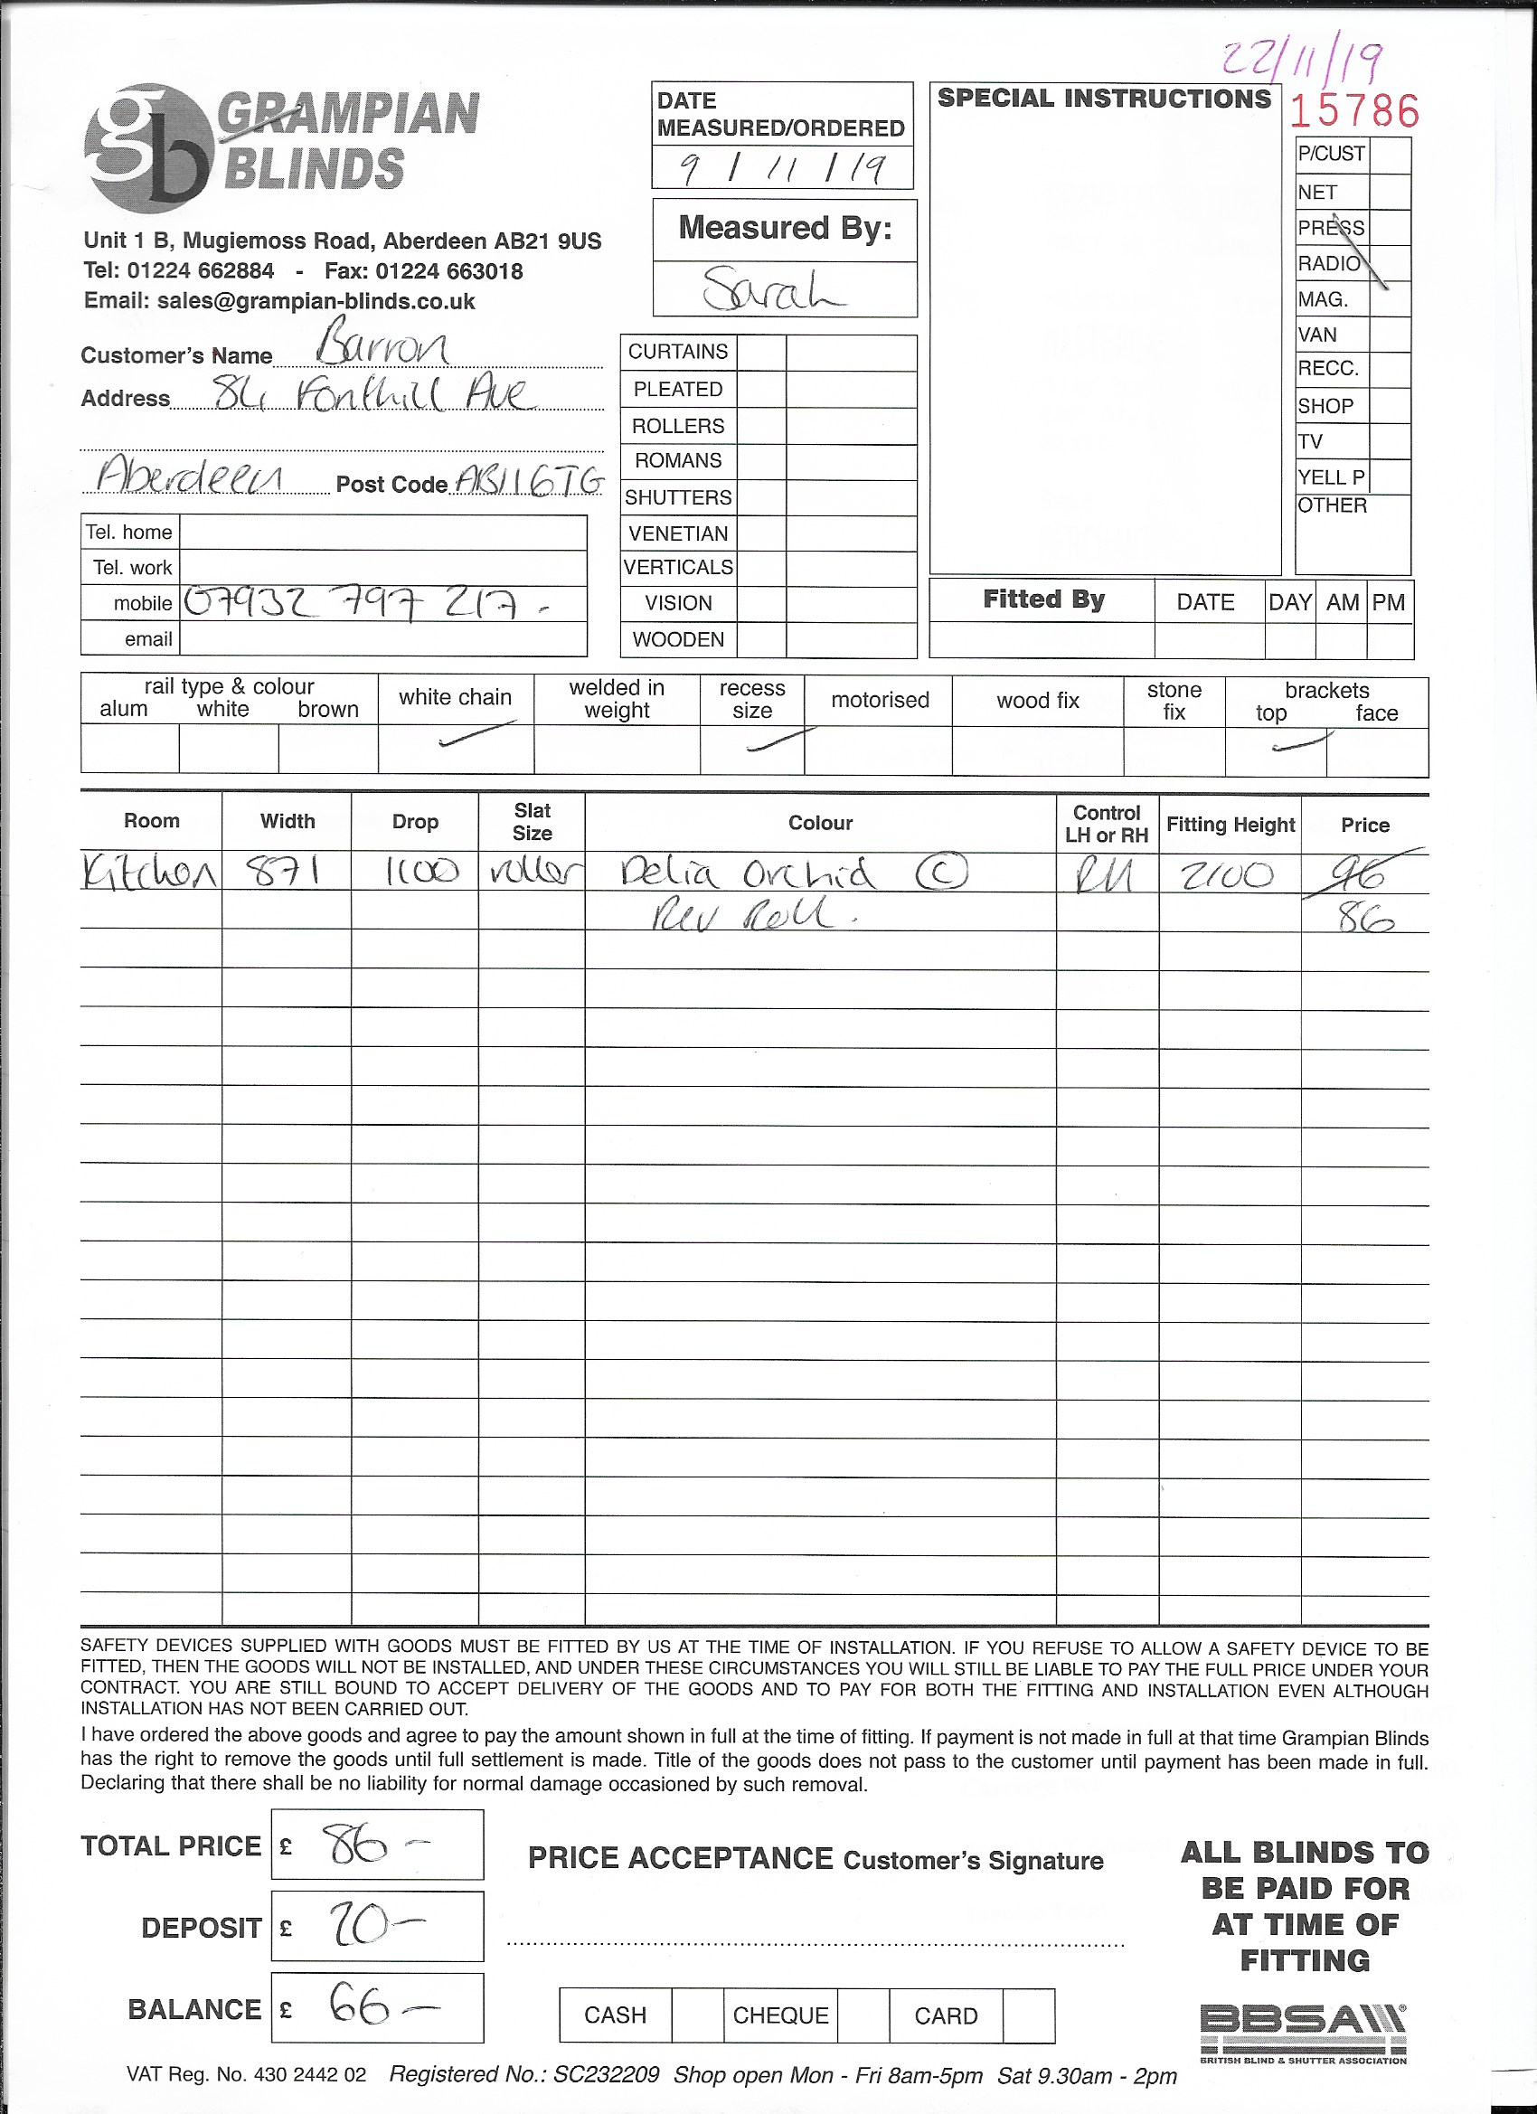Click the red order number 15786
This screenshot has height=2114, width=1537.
(x=1354, y=111)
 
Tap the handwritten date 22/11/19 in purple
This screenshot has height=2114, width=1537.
(x=1303, y=62)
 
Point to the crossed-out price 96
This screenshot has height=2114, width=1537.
(x=1363, y=873)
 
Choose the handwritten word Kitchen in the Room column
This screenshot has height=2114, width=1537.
(x=149, y=873)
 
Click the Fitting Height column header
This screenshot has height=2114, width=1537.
(x=1230, y=824)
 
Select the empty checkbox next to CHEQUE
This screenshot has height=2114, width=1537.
(x=863, y=2015)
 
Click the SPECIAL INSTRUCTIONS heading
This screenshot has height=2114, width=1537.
(x=1104, y=99)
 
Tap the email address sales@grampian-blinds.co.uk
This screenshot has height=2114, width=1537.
(x=316, y=301)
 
